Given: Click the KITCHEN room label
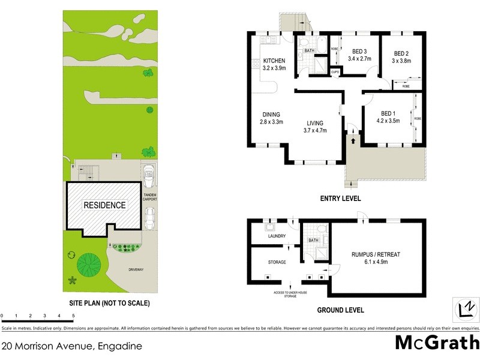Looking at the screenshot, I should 274,61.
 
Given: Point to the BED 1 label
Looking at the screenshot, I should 389,113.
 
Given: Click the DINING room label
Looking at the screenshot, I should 271,115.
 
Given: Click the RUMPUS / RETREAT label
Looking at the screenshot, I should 376,254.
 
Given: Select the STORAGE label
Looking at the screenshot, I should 277,262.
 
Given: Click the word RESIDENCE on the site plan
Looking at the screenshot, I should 104,205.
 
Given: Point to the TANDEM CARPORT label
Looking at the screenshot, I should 149,199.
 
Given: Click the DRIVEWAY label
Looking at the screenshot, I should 136,270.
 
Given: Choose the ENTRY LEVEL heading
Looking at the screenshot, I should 340,199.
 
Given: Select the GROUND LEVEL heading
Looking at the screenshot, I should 340,310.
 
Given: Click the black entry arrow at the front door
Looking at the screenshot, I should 353,141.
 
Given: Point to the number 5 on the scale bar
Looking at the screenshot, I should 73,315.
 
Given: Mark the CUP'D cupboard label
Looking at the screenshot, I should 335,73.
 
